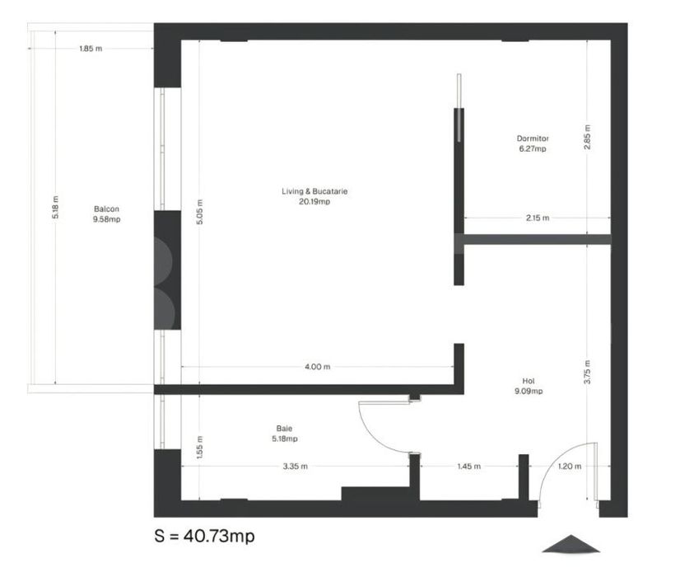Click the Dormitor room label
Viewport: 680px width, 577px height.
click(533, 138)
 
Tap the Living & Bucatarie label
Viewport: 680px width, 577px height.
click(314, 191)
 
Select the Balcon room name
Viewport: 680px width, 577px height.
click(106, 209)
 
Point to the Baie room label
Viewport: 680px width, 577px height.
click(284, 429)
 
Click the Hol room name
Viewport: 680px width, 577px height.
click(529, 381)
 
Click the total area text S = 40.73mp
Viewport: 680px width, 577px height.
click(204, 536)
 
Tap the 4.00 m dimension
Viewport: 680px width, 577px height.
click(318, 367)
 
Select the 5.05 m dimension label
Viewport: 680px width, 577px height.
click(199, 212)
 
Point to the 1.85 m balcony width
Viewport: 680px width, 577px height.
click(91, 49)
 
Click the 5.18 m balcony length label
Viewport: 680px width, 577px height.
click(55, 207)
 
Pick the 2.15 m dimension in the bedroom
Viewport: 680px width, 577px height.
click(538, 218)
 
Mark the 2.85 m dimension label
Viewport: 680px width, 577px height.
click(587, 137)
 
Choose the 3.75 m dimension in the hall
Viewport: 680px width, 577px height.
click(587, 372)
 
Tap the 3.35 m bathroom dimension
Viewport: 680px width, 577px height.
click(296, 467)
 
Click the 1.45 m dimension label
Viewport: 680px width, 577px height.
click(468, 467)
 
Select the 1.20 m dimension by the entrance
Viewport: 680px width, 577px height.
click(570, 467)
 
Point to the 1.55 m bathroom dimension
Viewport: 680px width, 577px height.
click(199, 448)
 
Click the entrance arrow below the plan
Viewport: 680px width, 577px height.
click(571, 544)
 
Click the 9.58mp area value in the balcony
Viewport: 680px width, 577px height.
click(106, 219)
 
